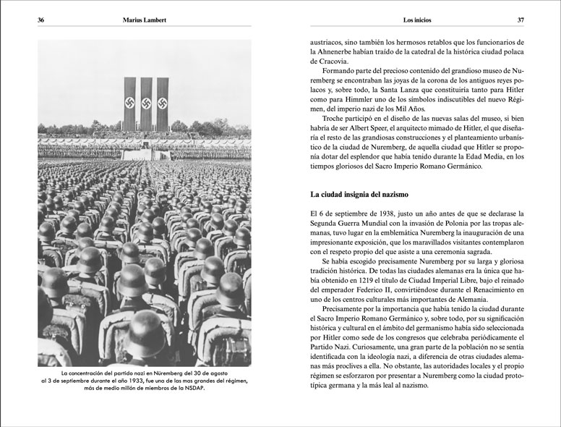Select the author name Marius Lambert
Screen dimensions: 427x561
(144, 20)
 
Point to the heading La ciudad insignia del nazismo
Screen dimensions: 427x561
(359, 195)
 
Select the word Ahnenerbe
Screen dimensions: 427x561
(343, 52)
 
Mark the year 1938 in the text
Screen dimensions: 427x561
(374, 214)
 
